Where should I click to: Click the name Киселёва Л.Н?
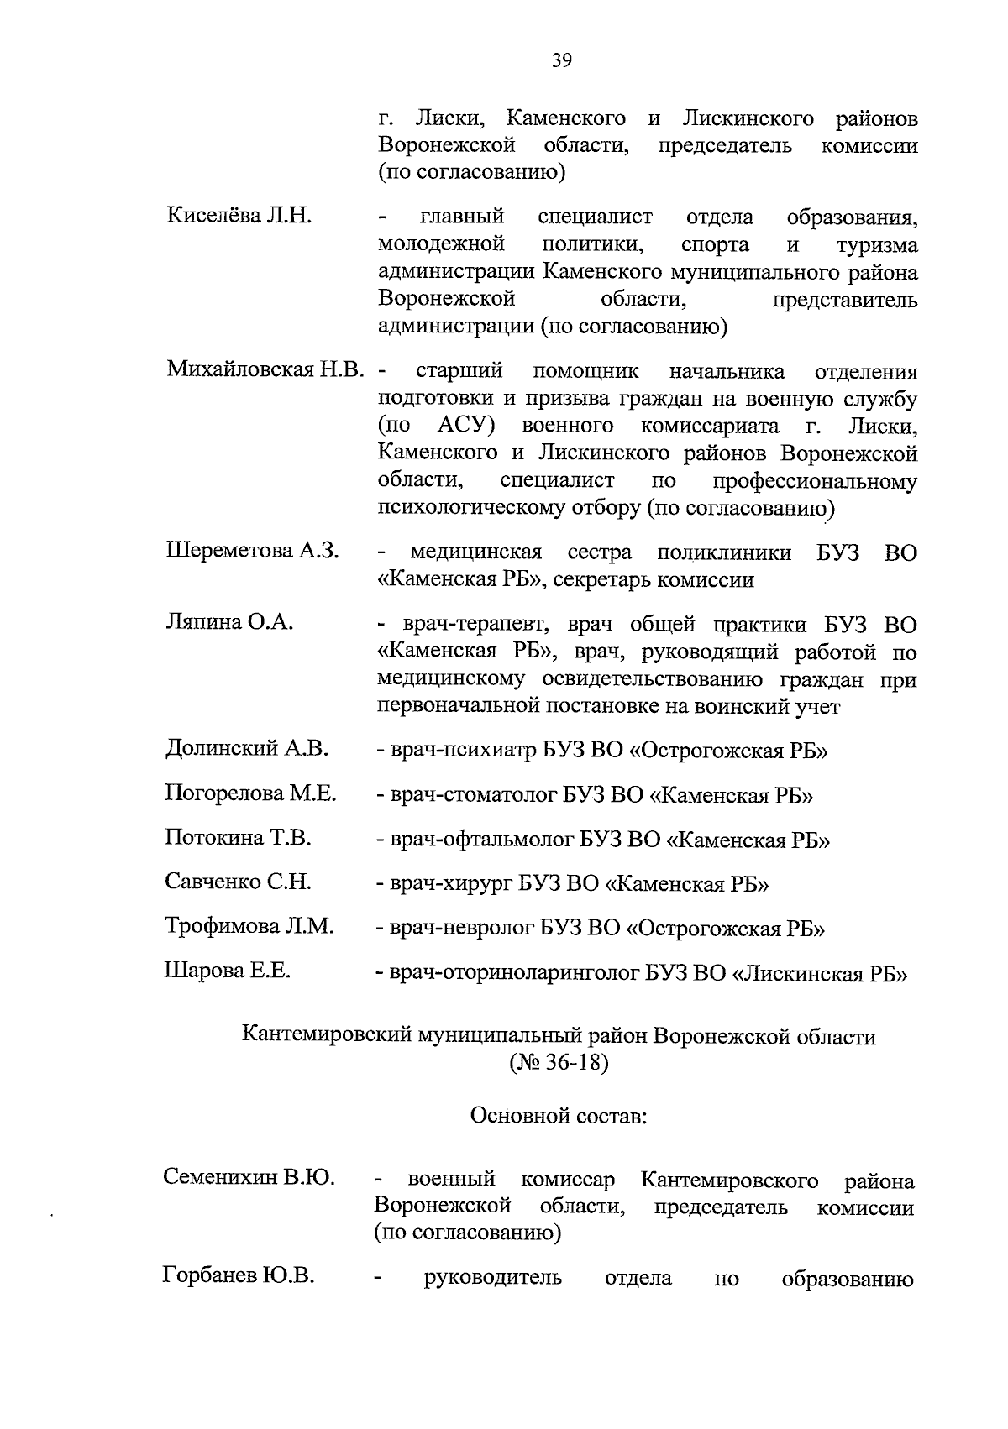coord(239,216)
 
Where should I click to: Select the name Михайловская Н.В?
coord(265,369)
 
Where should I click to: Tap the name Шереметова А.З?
coord(252,551)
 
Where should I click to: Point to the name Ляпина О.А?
coord(228,622)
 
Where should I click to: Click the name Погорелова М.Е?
coord(250,793)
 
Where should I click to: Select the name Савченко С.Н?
coord(238,882)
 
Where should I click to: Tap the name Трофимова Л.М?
coord(249,926)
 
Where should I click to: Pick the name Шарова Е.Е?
coord(227,971)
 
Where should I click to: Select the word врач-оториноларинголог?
coord(515,974)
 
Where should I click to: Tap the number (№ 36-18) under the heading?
coord(558,1064)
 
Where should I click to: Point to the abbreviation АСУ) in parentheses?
coord(465,426)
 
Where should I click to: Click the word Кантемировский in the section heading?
coord(327,1037)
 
